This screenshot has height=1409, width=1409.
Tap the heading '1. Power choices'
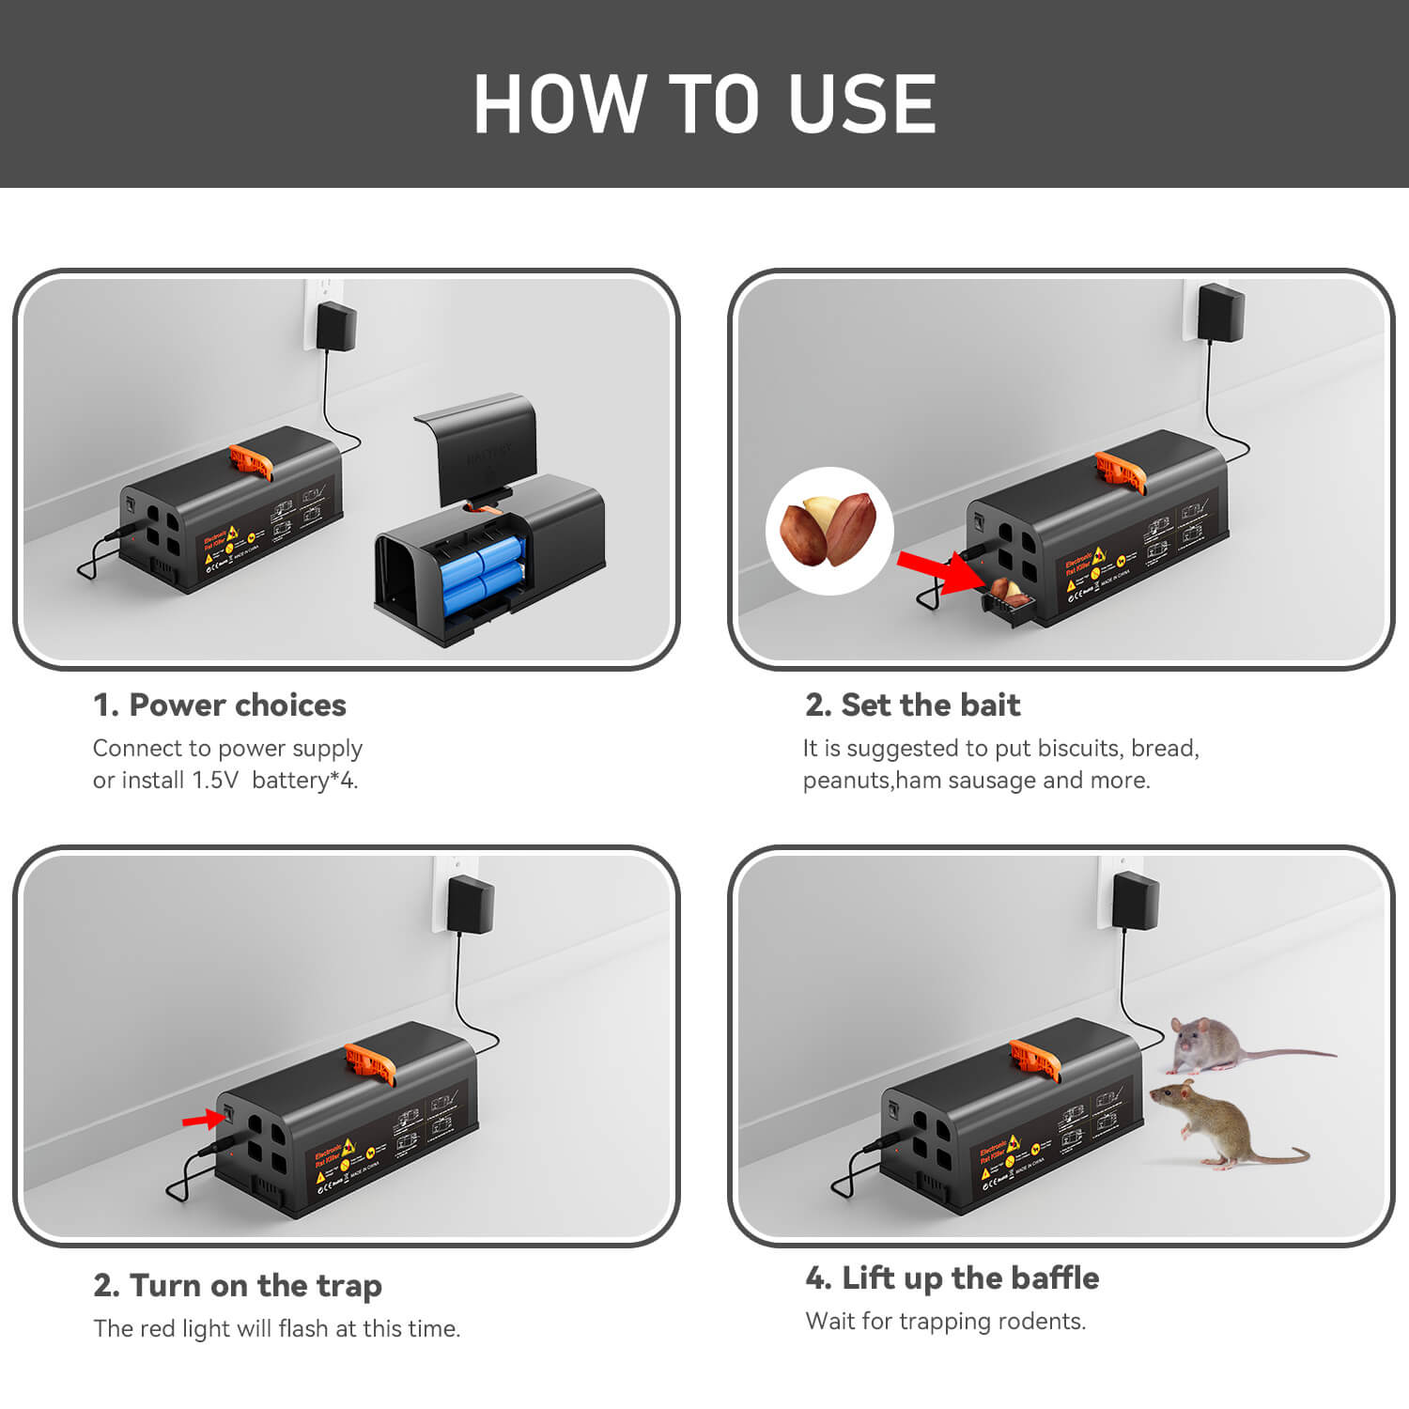219,705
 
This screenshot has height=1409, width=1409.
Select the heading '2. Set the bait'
912,705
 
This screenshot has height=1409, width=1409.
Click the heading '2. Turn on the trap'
238,1285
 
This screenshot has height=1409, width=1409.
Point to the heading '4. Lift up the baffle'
952,1278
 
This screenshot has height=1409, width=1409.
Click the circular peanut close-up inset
829,531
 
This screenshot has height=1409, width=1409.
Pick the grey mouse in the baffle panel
1221,1045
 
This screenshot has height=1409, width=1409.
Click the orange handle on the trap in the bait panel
1121,471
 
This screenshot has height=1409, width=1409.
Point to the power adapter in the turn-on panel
471,904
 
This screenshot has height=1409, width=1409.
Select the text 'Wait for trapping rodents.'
945,1322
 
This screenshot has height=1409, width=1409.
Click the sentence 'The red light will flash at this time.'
276,1329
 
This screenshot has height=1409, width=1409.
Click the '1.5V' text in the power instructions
215,781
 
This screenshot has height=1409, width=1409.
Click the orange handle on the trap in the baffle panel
1034,1060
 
